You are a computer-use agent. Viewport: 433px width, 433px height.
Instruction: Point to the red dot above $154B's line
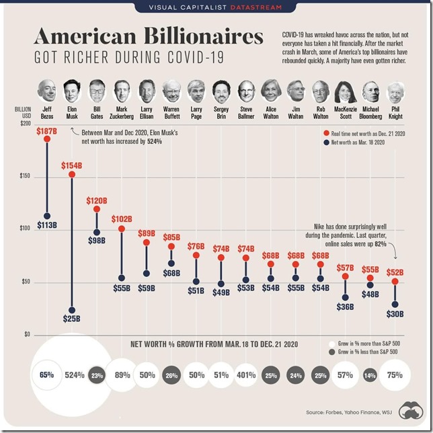(x=72, y=175)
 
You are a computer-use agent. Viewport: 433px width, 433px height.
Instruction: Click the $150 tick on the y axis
(x=25, y=177)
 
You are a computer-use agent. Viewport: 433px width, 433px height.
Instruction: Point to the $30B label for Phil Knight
(x=395, y=314)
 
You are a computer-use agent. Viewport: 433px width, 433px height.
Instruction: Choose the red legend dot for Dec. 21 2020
(x=325, y=133)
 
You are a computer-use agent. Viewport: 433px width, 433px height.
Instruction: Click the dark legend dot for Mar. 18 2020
(x=325, y=143)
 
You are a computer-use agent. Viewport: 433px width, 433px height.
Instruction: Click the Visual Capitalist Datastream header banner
(x=216, y=7)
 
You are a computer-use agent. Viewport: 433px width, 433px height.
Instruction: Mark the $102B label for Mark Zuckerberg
(x=122, y=219)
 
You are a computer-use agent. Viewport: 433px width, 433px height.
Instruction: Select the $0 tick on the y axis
(x=28, y=335)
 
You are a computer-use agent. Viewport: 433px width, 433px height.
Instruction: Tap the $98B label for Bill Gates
(x=97, y=240)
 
